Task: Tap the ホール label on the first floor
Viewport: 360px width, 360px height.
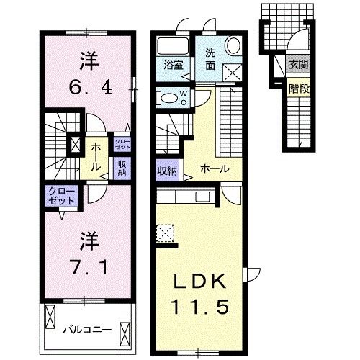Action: click(215, 169)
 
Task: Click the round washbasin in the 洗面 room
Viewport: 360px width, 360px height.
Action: click(234, 45)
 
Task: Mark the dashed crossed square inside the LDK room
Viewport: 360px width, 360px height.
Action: click(163, 233)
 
